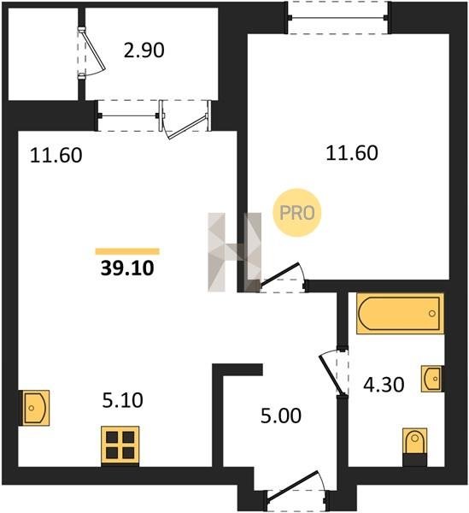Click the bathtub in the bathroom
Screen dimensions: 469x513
400,314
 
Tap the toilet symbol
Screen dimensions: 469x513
414,447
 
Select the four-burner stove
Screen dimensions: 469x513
120,445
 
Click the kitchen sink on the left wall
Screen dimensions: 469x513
35,408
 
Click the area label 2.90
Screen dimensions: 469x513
144,50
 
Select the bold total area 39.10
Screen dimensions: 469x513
127,268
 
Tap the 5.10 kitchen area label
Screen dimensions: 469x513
122,400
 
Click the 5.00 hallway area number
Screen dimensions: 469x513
281,416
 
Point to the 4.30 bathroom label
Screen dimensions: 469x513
384,385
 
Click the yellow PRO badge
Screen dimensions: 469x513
297,213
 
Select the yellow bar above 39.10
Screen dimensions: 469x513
127,251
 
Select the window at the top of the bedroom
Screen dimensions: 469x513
338,17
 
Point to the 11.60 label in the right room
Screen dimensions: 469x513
352,153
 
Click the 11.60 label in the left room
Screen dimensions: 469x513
56,156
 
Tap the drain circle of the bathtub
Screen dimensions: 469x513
432,314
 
